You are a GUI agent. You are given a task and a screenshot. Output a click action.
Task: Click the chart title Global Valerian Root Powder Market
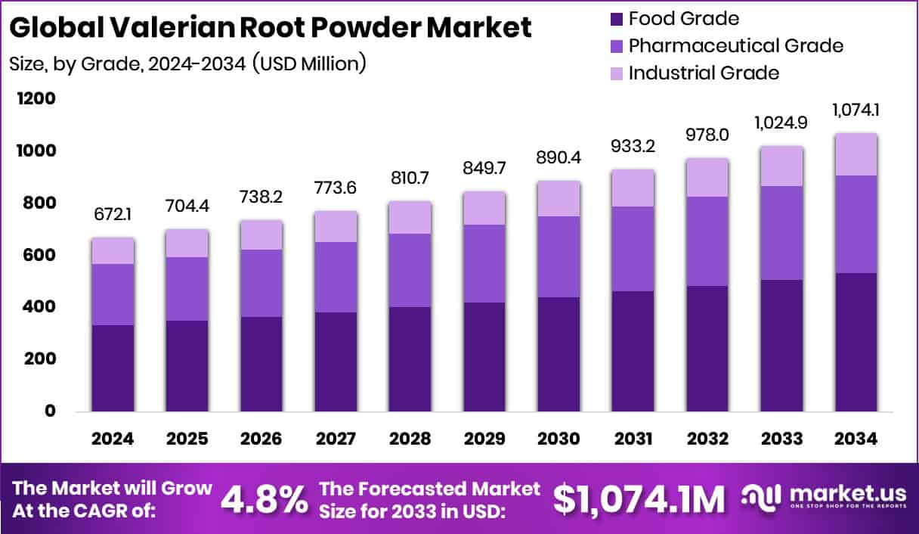271,28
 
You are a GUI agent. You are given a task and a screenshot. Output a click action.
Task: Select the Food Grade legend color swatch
614,18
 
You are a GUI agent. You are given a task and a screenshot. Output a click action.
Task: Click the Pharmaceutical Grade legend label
735,45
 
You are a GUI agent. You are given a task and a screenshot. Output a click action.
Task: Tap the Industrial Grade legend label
704,73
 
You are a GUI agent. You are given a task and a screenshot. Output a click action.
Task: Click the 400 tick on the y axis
42,307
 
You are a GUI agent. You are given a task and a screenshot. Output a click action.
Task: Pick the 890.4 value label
559,160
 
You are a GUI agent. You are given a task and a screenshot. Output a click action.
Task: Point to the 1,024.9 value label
782,123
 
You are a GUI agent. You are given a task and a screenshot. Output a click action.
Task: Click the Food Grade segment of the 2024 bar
113,368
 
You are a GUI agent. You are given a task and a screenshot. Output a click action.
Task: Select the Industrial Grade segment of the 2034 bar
856,154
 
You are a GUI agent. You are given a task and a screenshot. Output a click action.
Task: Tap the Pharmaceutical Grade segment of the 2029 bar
484,263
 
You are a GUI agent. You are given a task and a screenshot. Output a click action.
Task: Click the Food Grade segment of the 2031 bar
633,351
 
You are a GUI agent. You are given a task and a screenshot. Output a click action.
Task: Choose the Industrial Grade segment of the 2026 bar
261,235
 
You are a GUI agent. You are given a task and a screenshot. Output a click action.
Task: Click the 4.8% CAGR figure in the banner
265,498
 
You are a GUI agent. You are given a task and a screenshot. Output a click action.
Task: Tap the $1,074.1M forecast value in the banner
639,498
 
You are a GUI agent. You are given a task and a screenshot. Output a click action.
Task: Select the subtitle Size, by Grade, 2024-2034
187,64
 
